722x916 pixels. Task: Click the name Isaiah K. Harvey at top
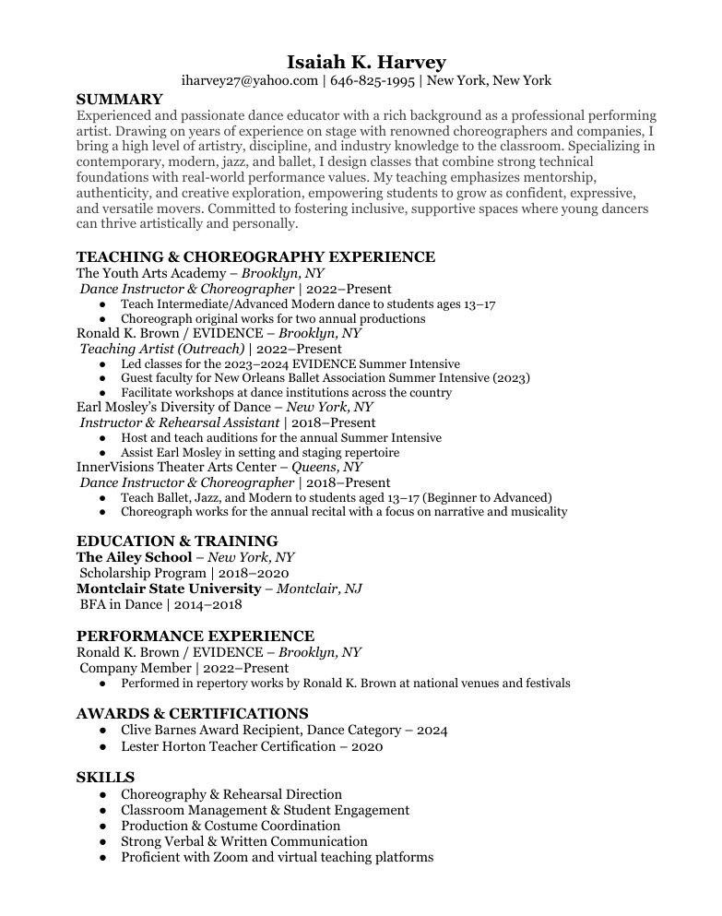[366, 62]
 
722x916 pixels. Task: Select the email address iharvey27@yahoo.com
[249, 81]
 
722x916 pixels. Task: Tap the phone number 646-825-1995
[372, 81]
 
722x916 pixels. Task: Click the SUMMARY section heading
[119, 99]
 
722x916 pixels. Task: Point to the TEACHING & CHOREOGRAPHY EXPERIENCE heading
[255, 257]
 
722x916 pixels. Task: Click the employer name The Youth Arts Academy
[151, 273]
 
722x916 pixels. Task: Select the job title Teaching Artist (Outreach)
[162, 349]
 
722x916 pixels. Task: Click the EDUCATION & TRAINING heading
[177, 541]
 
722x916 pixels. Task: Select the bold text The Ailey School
[135, 557]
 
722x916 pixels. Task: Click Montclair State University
[169, 589]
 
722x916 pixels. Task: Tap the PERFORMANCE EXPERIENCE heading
[195, 636]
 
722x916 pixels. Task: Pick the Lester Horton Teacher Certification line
[251, 746]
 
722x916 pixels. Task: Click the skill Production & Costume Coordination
[231, 827]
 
